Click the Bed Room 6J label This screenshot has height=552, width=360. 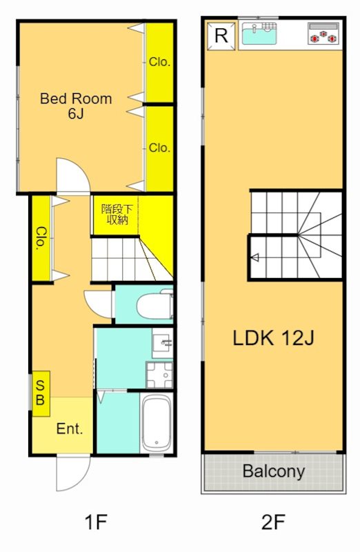click(76, 106)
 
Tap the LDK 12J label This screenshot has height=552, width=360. click(273, 338)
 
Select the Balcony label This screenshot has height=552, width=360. click(273, 471)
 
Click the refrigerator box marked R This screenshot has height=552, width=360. click(221, 36)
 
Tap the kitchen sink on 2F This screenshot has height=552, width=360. click(259, 33)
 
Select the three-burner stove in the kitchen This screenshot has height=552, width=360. click(323, 34)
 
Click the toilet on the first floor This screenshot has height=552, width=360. click(155, 305)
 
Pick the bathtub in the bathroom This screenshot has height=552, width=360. click(157, 422)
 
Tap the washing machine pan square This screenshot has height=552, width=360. click(160, 374)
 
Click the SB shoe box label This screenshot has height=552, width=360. click(41, 393)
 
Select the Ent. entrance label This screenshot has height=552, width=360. click(70, 428)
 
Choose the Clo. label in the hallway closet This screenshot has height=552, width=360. click(41, 238)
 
